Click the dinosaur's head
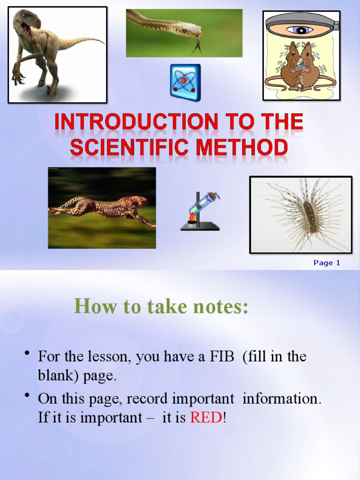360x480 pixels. (26, 21)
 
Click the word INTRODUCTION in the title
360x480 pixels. (135, 123)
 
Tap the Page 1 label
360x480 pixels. (327, 263)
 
